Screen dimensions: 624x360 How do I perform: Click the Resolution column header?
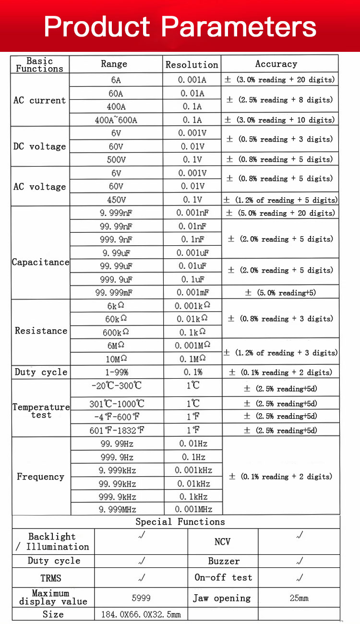coord(192,64)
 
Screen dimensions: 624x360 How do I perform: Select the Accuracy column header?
coord(276,64)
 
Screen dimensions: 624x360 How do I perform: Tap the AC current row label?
coord(40,100)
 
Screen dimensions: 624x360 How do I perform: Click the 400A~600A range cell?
coord(116,120)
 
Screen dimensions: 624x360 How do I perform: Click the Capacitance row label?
coord(40,262)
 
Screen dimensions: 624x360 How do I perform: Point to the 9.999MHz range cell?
coord(117,509)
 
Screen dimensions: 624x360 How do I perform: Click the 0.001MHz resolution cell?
coord(193,509)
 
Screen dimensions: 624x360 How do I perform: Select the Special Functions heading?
coord(180,522)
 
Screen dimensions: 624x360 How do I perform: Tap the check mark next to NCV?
coord(300,535)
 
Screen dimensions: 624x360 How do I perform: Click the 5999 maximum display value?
coord(141,598)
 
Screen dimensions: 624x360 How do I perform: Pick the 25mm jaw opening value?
coord(299,598)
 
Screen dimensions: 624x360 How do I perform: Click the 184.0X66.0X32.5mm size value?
coord(141,614)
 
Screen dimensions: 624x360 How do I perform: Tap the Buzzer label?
coord(223,561)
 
